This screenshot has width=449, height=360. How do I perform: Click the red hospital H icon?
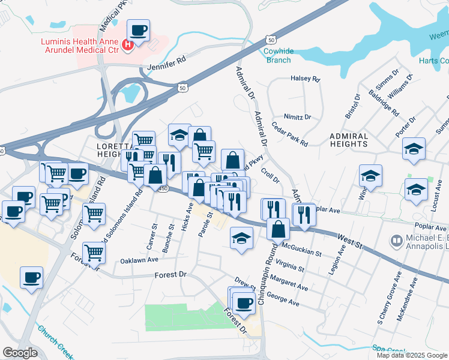coord(127,44)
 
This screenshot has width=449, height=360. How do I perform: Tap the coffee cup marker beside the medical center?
coord(138,31)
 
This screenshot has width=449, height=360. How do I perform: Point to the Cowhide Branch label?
coord(278,55)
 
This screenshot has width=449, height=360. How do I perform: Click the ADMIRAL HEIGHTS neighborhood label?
coord(348,140)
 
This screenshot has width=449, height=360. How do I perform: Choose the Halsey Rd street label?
coord(305,79)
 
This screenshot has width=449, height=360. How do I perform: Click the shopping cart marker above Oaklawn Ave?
coord(94,253)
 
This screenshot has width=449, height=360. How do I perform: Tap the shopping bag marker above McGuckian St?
coord(279,229)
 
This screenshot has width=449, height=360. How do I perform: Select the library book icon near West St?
coord(396,241)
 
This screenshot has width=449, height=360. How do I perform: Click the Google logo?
coord(19,353)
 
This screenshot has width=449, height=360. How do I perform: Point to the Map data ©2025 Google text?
coord(412,355)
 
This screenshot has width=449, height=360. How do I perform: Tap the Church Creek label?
coord(55,341)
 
